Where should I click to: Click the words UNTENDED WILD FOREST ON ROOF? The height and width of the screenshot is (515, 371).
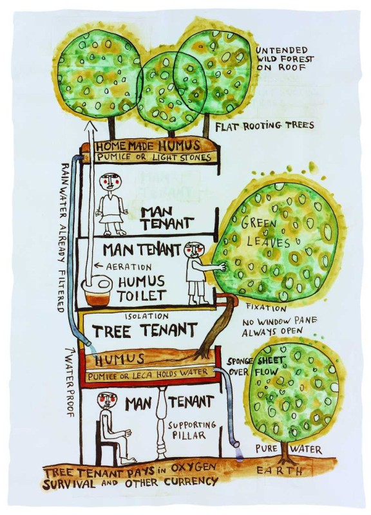(285, 59)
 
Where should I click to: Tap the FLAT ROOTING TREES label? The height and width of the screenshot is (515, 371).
(265, 126)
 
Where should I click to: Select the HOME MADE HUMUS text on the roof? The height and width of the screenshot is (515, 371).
(147, 146)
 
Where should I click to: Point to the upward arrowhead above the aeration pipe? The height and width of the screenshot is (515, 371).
(93, 127)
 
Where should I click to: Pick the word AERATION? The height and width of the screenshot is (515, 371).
(129, 267)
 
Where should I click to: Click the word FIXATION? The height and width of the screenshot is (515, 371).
(267, 308)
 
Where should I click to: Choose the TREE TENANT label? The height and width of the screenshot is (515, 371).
(144, 330)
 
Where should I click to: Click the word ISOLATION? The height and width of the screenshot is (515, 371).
(147, 316)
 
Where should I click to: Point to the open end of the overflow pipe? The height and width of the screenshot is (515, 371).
(236, 445)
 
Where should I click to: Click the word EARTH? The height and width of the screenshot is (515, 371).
(280, 471)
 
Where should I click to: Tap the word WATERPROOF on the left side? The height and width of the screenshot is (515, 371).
(70, 384)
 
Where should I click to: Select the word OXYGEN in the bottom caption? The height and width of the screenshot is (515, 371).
(192, 468)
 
